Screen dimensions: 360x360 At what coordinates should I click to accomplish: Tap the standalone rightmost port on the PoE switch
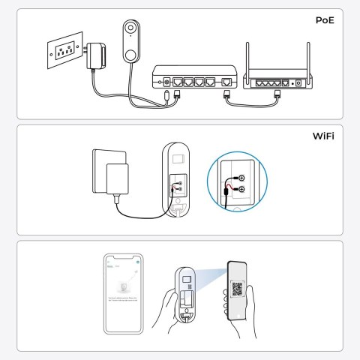(x=227, y=80)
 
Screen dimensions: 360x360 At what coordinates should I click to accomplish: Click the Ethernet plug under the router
(x=277, y=95)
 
